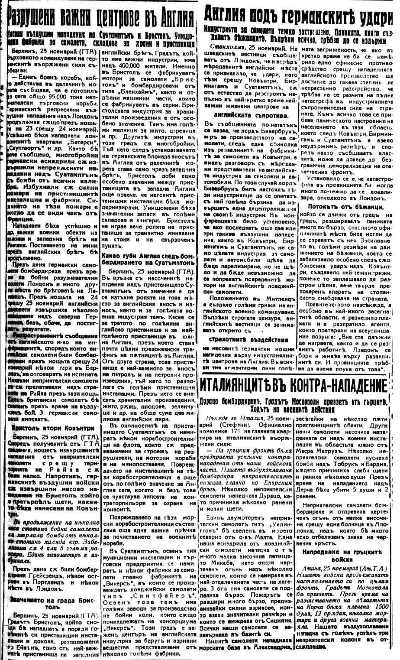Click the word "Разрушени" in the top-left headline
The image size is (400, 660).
(x=36, y=17)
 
